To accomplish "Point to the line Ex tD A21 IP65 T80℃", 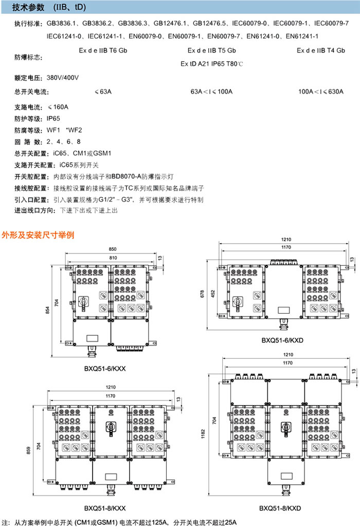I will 211,64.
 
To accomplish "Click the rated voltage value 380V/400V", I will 63,78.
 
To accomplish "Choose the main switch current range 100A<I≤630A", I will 321,92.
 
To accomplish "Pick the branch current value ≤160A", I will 58,107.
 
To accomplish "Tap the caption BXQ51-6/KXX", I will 106,368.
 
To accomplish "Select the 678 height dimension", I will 203,294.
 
